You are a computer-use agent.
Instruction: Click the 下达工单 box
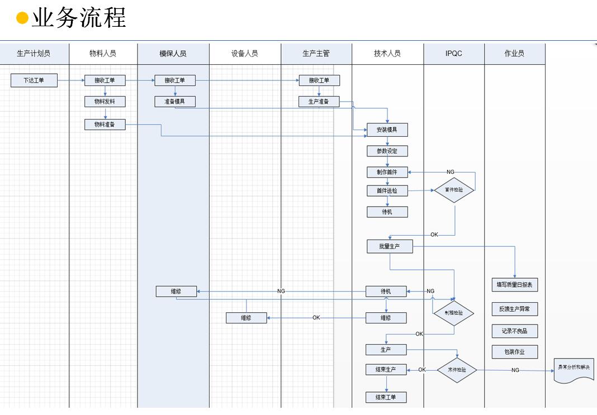coord(34,80)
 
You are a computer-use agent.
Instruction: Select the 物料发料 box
coord(105,102)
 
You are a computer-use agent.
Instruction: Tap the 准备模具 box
coord(175,102)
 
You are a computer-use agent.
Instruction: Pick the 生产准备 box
coord(319,102)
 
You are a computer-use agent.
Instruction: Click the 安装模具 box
coord(387,130)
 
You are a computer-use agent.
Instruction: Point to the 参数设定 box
coord(387,151)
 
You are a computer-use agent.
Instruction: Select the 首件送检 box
coord(387,190)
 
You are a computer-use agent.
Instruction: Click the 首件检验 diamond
coord(454,190)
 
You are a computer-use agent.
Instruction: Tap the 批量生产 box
coord(390,246)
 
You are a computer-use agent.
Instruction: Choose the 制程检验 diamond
coord(454,313)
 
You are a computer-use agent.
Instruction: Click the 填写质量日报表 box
coord(515,285)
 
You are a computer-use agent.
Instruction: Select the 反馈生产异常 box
coord(515,309)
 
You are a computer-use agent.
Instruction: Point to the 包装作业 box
coord(515,352)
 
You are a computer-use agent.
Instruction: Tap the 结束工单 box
coord(386,397)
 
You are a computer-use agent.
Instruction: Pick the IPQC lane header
coord(454,54)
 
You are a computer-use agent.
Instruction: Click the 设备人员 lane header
coord(245,54)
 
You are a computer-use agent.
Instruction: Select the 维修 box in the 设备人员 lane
coord(247,318)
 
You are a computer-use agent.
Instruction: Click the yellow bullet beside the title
coord(22,18)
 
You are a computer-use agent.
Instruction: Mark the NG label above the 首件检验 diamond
coord(451,172)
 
